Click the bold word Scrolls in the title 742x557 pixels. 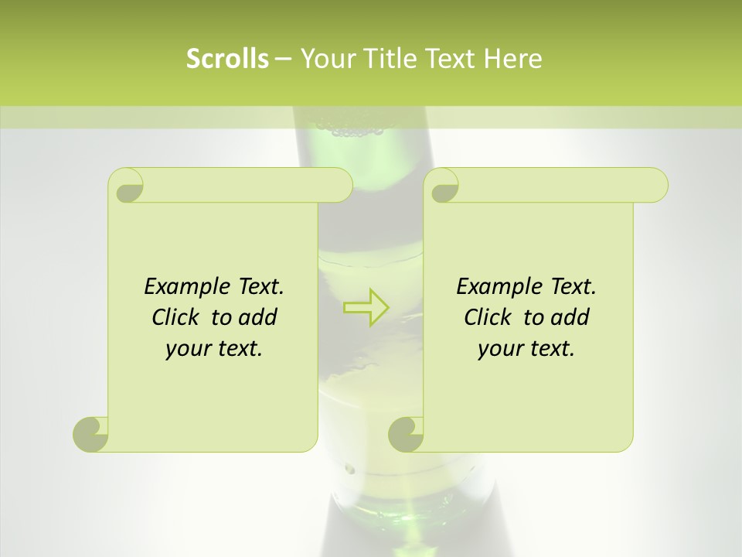tap(227, 59)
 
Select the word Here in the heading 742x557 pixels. tap(512, 59)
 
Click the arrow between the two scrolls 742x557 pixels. tap(366, 307)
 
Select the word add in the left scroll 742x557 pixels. tap(259, 317)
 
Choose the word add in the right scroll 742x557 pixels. tap(571, 317)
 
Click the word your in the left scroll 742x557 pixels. tap(188, 349)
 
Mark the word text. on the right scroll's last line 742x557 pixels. tap(550, 349)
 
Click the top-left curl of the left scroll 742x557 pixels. tap(128, 186)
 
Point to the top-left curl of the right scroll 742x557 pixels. tap(444, 186)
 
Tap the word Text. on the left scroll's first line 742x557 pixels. tap(258, 287)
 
